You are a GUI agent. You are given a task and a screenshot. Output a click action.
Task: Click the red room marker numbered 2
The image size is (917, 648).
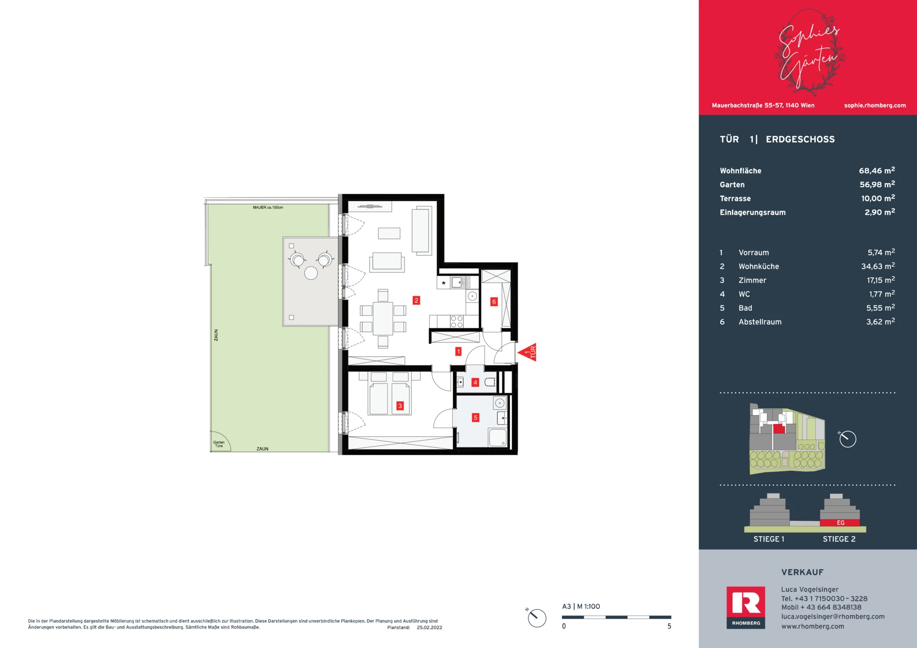[416, 300]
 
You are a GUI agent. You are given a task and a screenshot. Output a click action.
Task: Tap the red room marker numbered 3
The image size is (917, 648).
[400, 406]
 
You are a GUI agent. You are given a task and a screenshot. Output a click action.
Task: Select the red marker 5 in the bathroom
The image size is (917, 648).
[475, 417]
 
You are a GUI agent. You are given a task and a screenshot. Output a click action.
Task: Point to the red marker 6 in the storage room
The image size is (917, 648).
[494, 302]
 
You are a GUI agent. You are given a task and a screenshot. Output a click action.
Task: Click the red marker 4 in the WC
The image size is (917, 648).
[475, 382]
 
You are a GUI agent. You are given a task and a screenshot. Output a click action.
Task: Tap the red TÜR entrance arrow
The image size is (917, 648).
[528, 352]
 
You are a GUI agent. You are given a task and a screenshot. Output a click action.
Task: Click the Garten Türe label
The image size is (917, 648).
[219, 444]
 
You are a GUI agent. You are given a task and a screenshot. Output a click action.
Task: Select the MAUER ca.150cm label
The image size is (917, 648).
[268, 208]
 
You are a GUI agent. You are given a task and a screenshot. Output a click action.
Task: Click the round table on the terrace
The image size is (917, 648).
[311, 273]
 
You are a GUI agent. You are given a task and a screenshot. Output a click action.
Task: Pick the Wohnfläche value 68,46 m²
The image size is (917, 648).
[877, 170]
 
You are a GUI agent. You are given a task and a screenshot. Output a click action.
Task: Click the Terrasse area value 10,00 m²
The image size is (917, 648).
[878, 198]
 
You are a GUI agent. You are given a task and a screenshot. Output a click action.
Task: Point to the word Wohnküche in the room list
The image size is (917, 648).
[758, 266]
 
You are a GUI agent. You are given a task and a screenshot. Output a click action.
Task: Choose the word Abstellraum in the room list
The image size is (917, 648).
[760, 322]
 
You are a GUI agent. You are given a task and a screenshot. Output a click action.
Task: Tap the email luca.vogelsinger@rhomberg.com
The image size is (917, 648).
[833, 616]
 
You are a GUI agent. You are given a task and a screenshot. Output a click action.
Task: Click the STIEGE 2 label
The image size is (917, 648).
[839, 539]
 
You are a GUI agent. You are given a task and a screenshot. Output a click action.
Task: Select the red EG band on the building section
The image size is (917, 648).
[840, 523]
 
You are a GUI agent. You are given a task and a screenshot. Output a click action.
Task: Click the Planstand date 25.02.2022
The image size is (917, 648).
[429, 627]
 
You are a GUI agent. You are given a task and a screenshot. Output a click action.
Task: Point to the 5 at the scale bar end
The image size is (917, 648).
[669, 626]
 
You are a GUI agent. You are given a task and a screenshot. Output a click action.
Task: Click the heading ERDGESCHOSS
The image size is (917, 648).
[800, 139]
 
